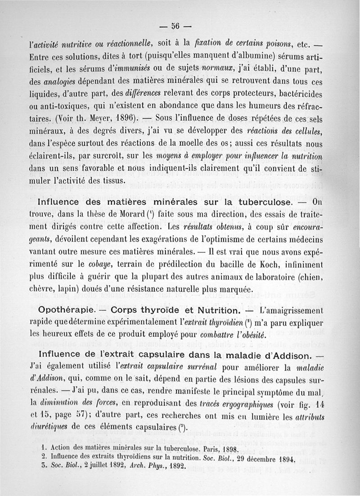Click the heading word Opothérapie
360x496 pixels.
coord(66,311)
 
